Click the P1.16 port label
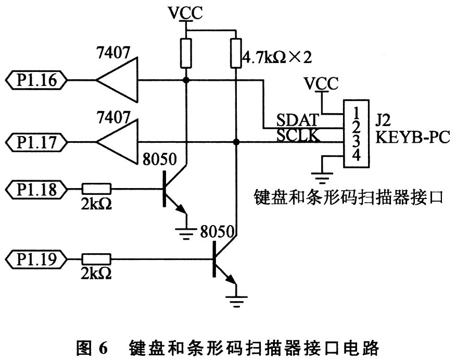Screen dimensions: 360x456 [x=36, y=80]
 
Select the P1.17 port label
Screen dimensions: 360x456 [x=36, y=141]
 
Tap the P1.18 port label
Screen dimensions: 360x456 [x=36, y=188]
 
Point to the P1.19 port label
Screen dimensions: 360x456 [x=36, y=257]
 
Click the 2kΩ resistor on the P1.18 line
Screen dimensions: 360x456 [x=97, y=188]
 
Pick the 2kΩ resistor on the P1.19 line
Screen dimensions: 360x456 [x=97, y=257]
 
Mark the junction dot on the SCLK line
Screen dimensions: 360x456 [x=237, y=141]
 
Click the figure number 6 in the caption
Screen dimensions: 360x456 [x=103, y=346]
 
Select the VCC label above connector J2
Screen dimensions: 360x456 [x=321, y=83]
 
